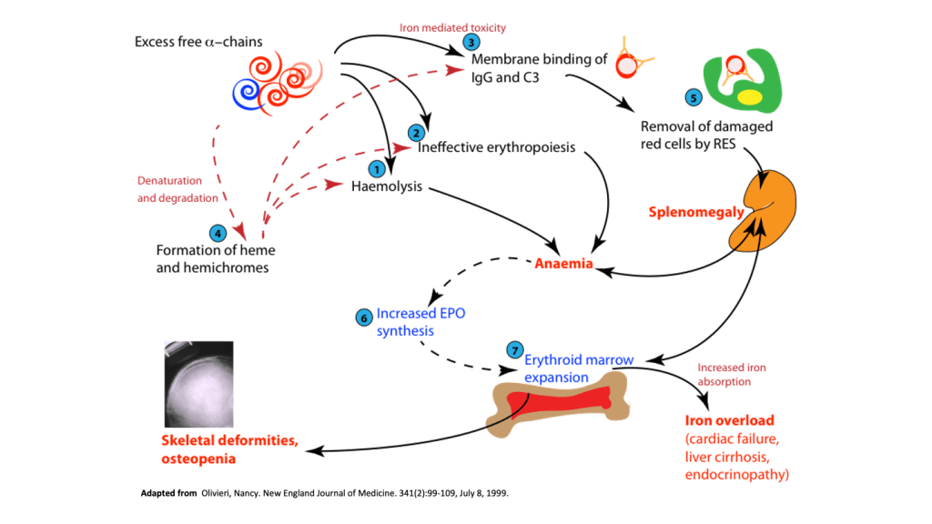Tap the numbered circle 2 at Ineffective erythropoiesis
click(416, 132)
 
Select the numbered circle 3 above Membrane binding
click(470, 42)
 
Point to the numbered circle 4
click(217, 232)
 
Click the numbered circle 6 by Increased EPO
click(363, 317)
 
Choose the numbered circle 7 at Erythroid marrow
click(514, 349)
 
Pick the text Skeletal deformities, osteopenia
click(229, 449)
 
